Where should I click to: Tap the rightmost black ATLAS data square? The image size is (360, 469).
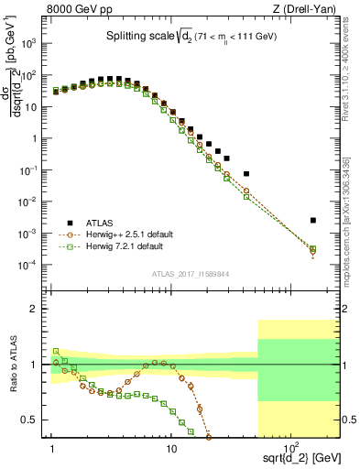coord(313,220)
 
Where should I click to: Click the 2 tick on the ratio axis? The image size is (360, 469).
coord(39,309)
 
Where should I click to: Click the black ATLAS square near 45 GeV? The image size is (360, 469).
coord(246,173)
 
